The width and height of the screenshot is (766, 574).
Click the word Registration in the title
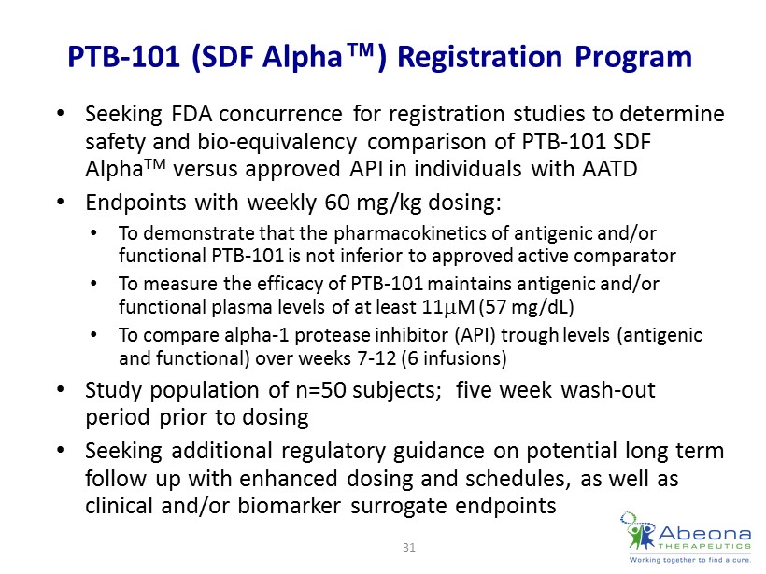point(480,57)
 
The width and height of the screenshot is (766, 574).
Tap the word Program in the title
point(633,58)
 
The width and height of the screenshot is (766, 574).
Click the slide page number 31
point(409,547)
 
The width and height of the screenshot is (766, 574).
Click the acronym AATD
point(610,169)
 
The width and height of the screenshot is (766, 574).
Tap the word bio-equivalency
point(277,143)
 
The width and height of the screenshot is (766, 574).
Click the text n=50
point(321,390)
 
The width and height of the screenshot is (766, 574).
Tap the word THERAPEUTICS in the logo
point(704,546)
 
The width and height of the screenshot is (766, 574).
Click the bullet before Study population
point(61,390)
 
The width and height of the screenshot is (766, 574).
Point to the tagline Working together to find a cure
point(689,560)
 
